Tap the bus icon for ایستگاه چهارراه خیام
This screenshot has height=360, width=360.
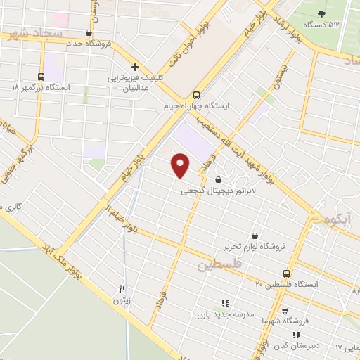coord(196,94)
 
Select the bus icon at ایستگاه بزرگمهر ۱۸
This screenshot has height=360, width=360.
coord(40,76)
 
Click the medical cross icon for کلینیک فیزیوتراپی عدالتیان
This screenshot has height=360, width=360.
coord(134,67)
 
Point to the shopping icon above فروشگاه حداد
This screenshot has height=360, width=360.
coord(88,32)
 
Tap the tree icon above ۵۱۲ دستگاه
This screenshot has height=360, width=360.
coord(323,13)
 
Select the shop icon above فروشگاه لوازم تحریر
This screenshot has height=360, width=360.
coord(254,236)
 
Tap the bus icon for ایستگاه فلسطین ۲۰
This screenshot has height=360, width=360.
coord(286,273)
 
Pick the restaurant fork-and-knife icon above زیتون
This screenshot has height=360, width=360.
coord(122,289)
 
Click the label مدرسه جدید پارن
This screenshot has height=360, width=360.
coord(225,315)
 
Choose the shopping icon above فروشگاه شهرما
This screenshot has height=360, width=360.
coord(284,310)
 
